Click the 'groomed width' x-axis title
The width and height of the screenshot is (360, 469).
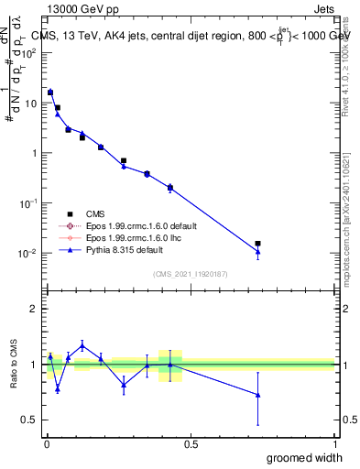304,457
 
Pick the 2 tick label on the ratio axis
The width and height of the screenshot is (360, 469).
35,310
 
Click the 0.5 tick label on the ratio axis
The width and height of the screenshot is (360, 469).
31,420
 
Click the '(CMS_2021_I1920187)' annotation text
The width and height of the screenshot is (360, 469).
190,274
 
